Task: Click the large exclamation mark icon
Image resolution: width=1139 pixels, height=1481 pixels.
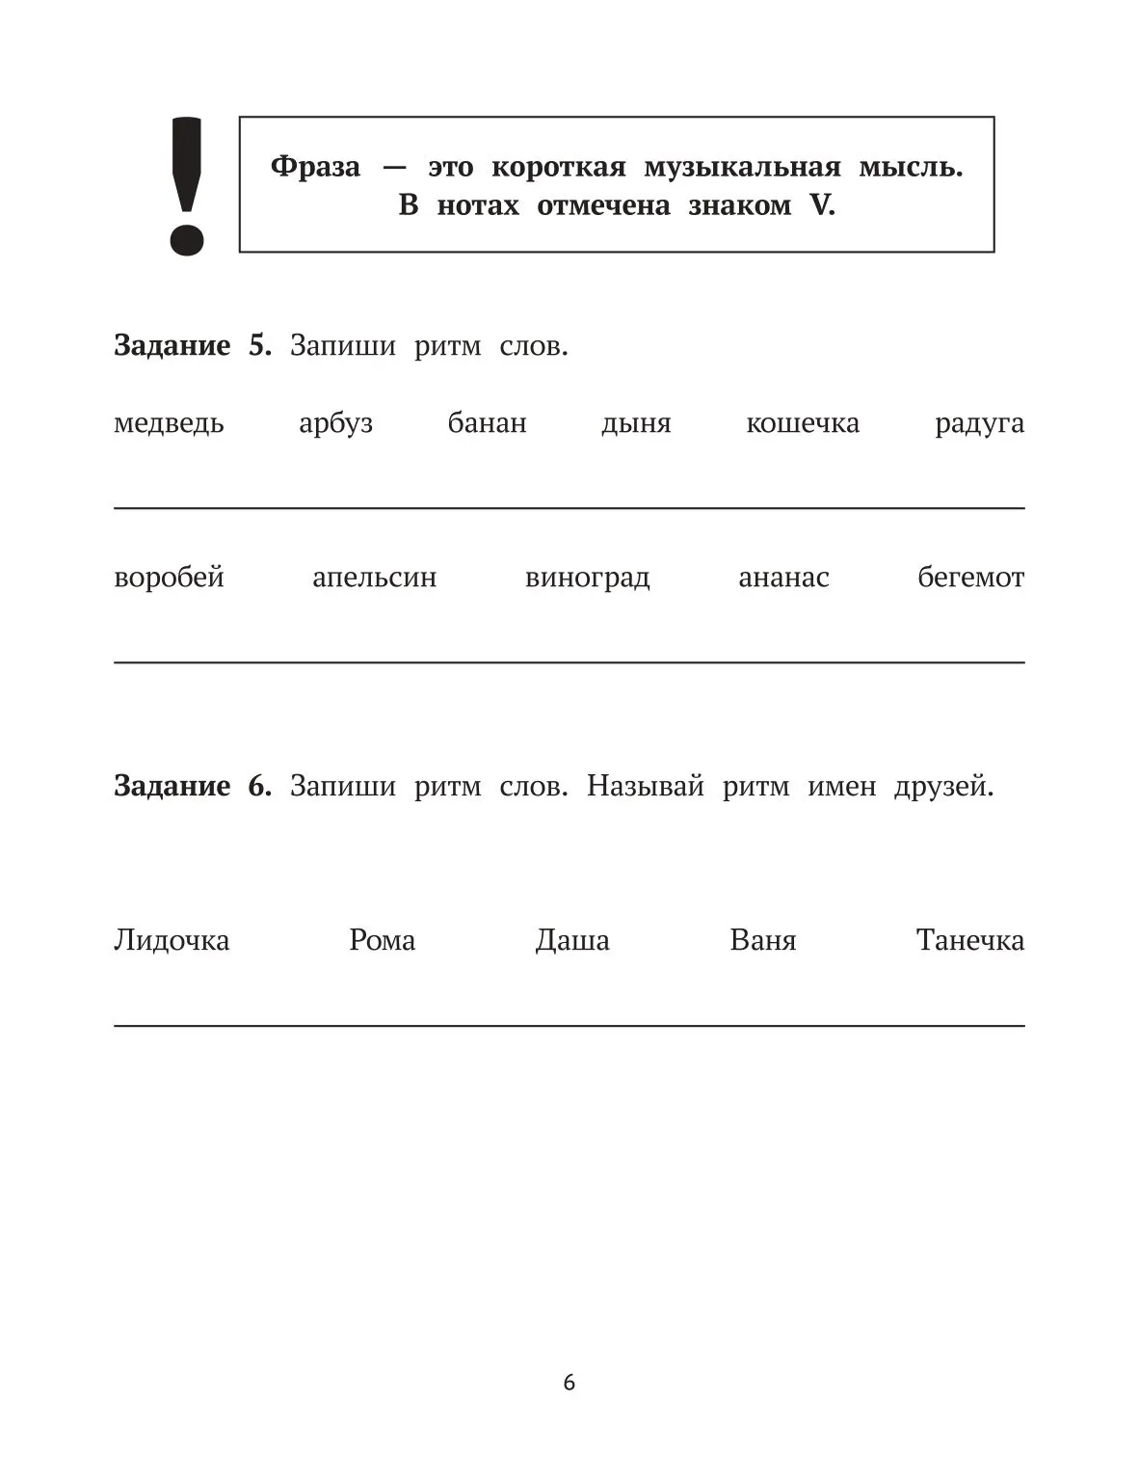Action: click(x=186, y=186)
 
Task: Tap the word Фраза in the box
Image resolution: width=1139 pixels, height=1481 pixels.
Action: click(x=315, y=167)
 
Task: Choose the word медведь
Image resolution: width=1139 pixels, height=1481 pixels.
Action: click(x=169, y=423)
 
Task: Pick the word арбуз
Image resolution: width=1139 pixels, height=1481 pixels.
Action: click(x=335, y=423)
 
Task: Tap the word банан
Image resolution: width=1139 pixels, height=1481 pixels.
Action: click(x=487, y=423)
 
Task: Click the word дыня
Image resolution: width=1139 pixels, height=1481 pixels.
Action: click(x=636, y=423)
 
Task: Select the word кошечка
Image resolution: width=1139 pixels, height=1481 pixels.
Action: click(x=803, y=423)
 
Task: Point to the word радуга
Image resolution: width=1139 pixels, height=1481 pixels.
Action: click(x=979, y=423)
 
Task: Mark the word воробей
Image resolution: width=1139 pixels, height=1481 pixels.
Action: click(x=169, y=578)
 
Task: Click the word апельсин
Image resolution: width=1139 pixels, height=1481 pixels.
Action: click(x=374, y=578)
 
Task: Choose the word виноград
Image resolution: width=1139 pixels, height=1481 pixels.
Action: click(x=587, y=578)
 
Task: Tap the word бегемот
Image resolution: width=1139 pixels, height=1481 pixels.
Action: click(x=970, y=578)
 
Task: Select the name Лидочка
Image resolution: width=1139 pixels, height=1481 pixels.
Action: click(x=172, y=940)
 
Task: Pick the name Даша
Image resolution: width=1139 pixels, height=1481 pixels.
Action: click(x=572, y=940)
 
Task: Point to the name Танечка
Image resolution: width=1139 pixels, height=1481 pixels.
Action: click(x=969, y=940)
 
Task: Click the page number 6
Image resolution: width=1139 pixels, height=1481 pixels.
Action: click(x=569, y=1383)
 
